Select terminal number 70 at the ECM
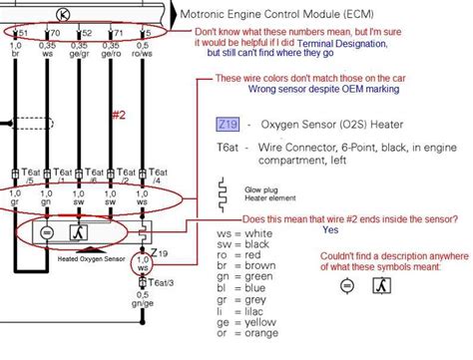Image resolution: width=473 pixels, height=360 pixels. click(51, 32)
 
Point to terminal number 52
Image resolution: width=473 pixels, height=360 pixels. click(86, 32)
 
